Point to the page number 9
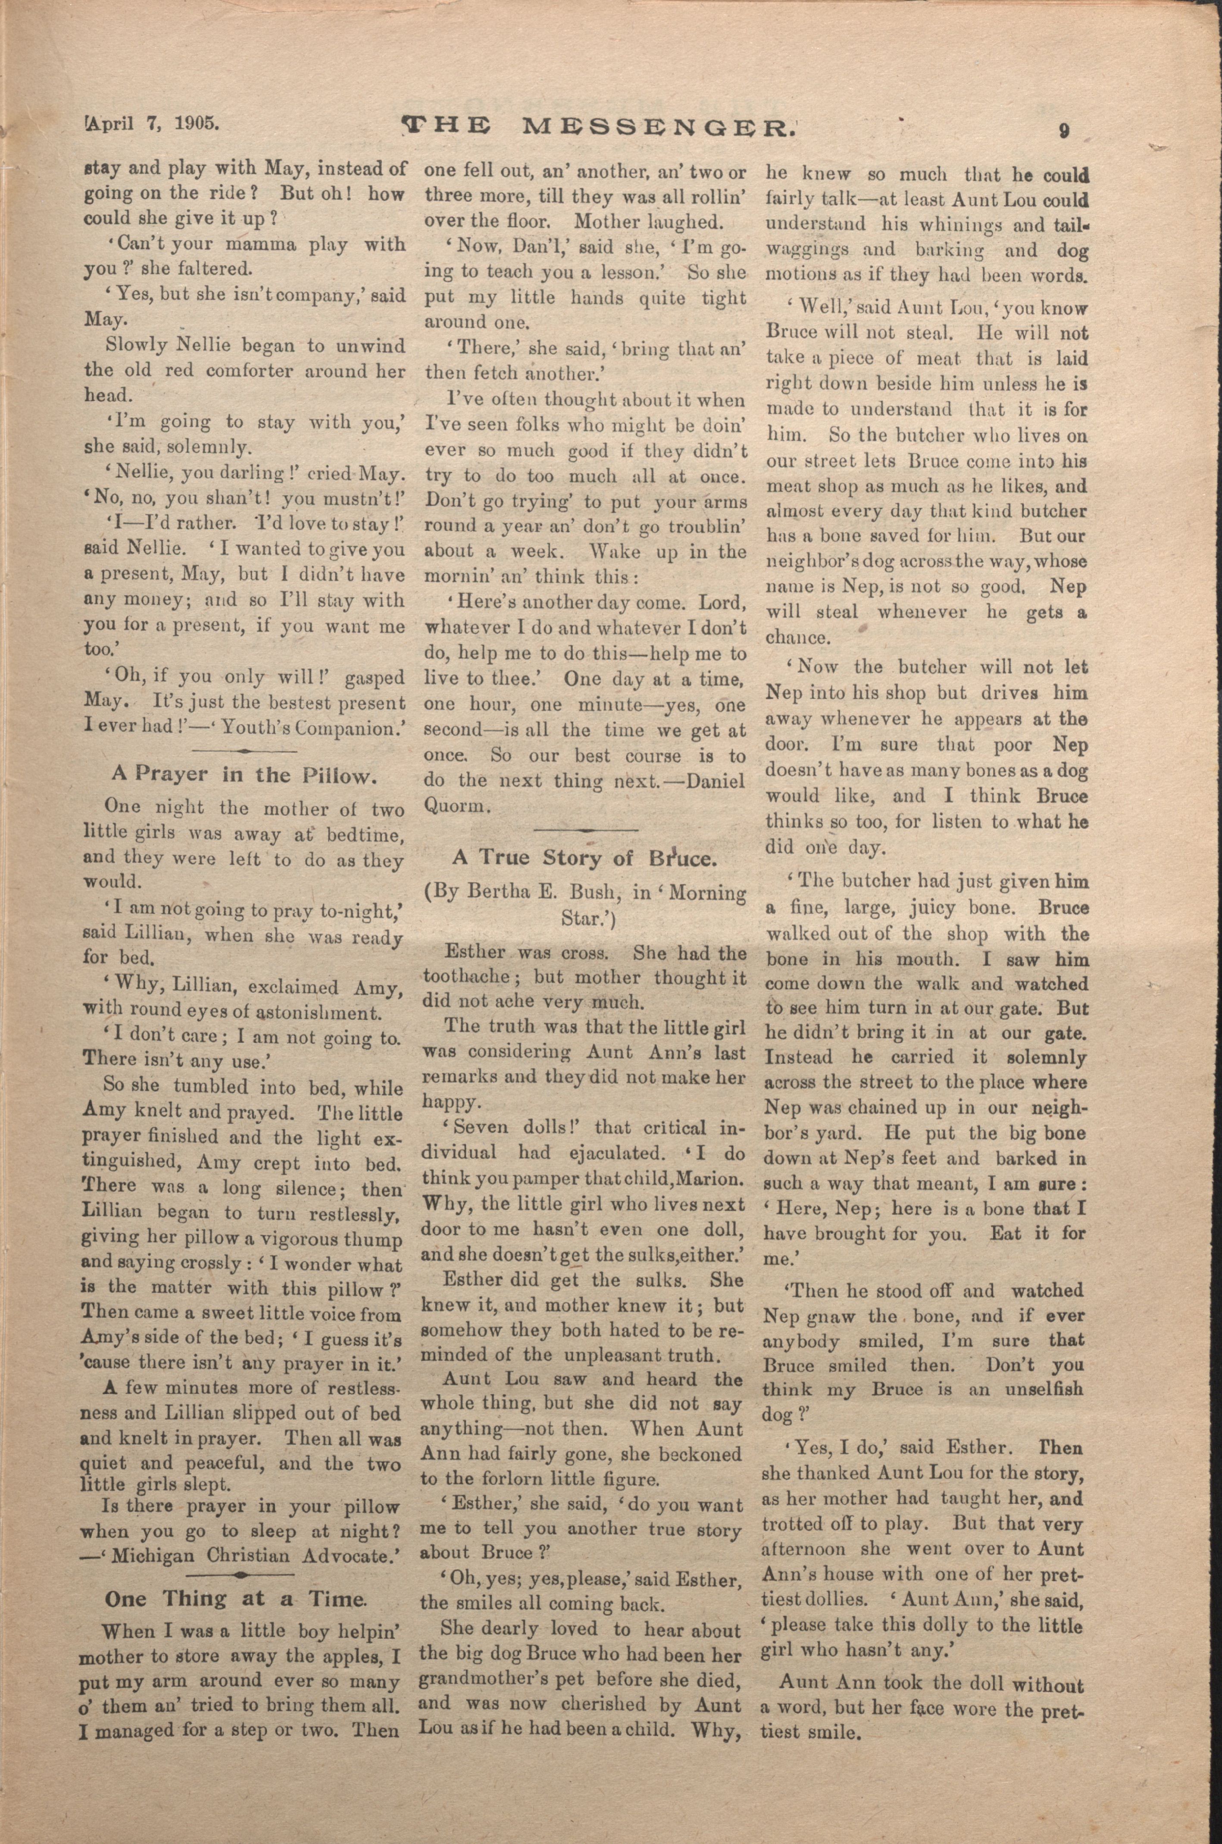pyautogui.click(x=1063, y=129)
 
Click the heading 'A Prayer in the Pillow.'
pyautogui.click(x=245, y=774)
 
